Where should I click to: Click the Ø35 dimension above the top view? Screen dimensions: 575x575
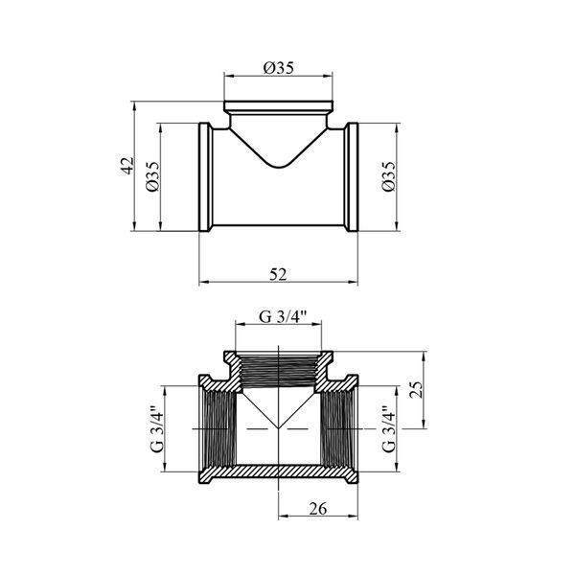point(279,67)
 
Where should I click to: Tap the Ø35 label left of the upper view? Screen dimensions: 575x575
point(153,176)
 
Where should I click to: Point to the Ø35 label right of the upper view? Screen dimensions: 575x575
point(389,176)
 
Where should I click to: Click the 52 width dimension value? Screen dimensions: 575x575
point(278,274)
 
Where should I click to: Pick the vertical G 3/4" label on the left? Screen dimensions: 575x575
point(156,429)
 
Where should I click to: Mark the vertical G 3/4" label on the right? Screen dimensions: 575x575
point(389,429)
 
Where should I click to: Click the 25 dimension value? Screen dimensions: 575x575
point(416,390)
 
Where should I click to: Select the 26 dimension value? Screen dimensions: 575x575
point(317,509)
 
